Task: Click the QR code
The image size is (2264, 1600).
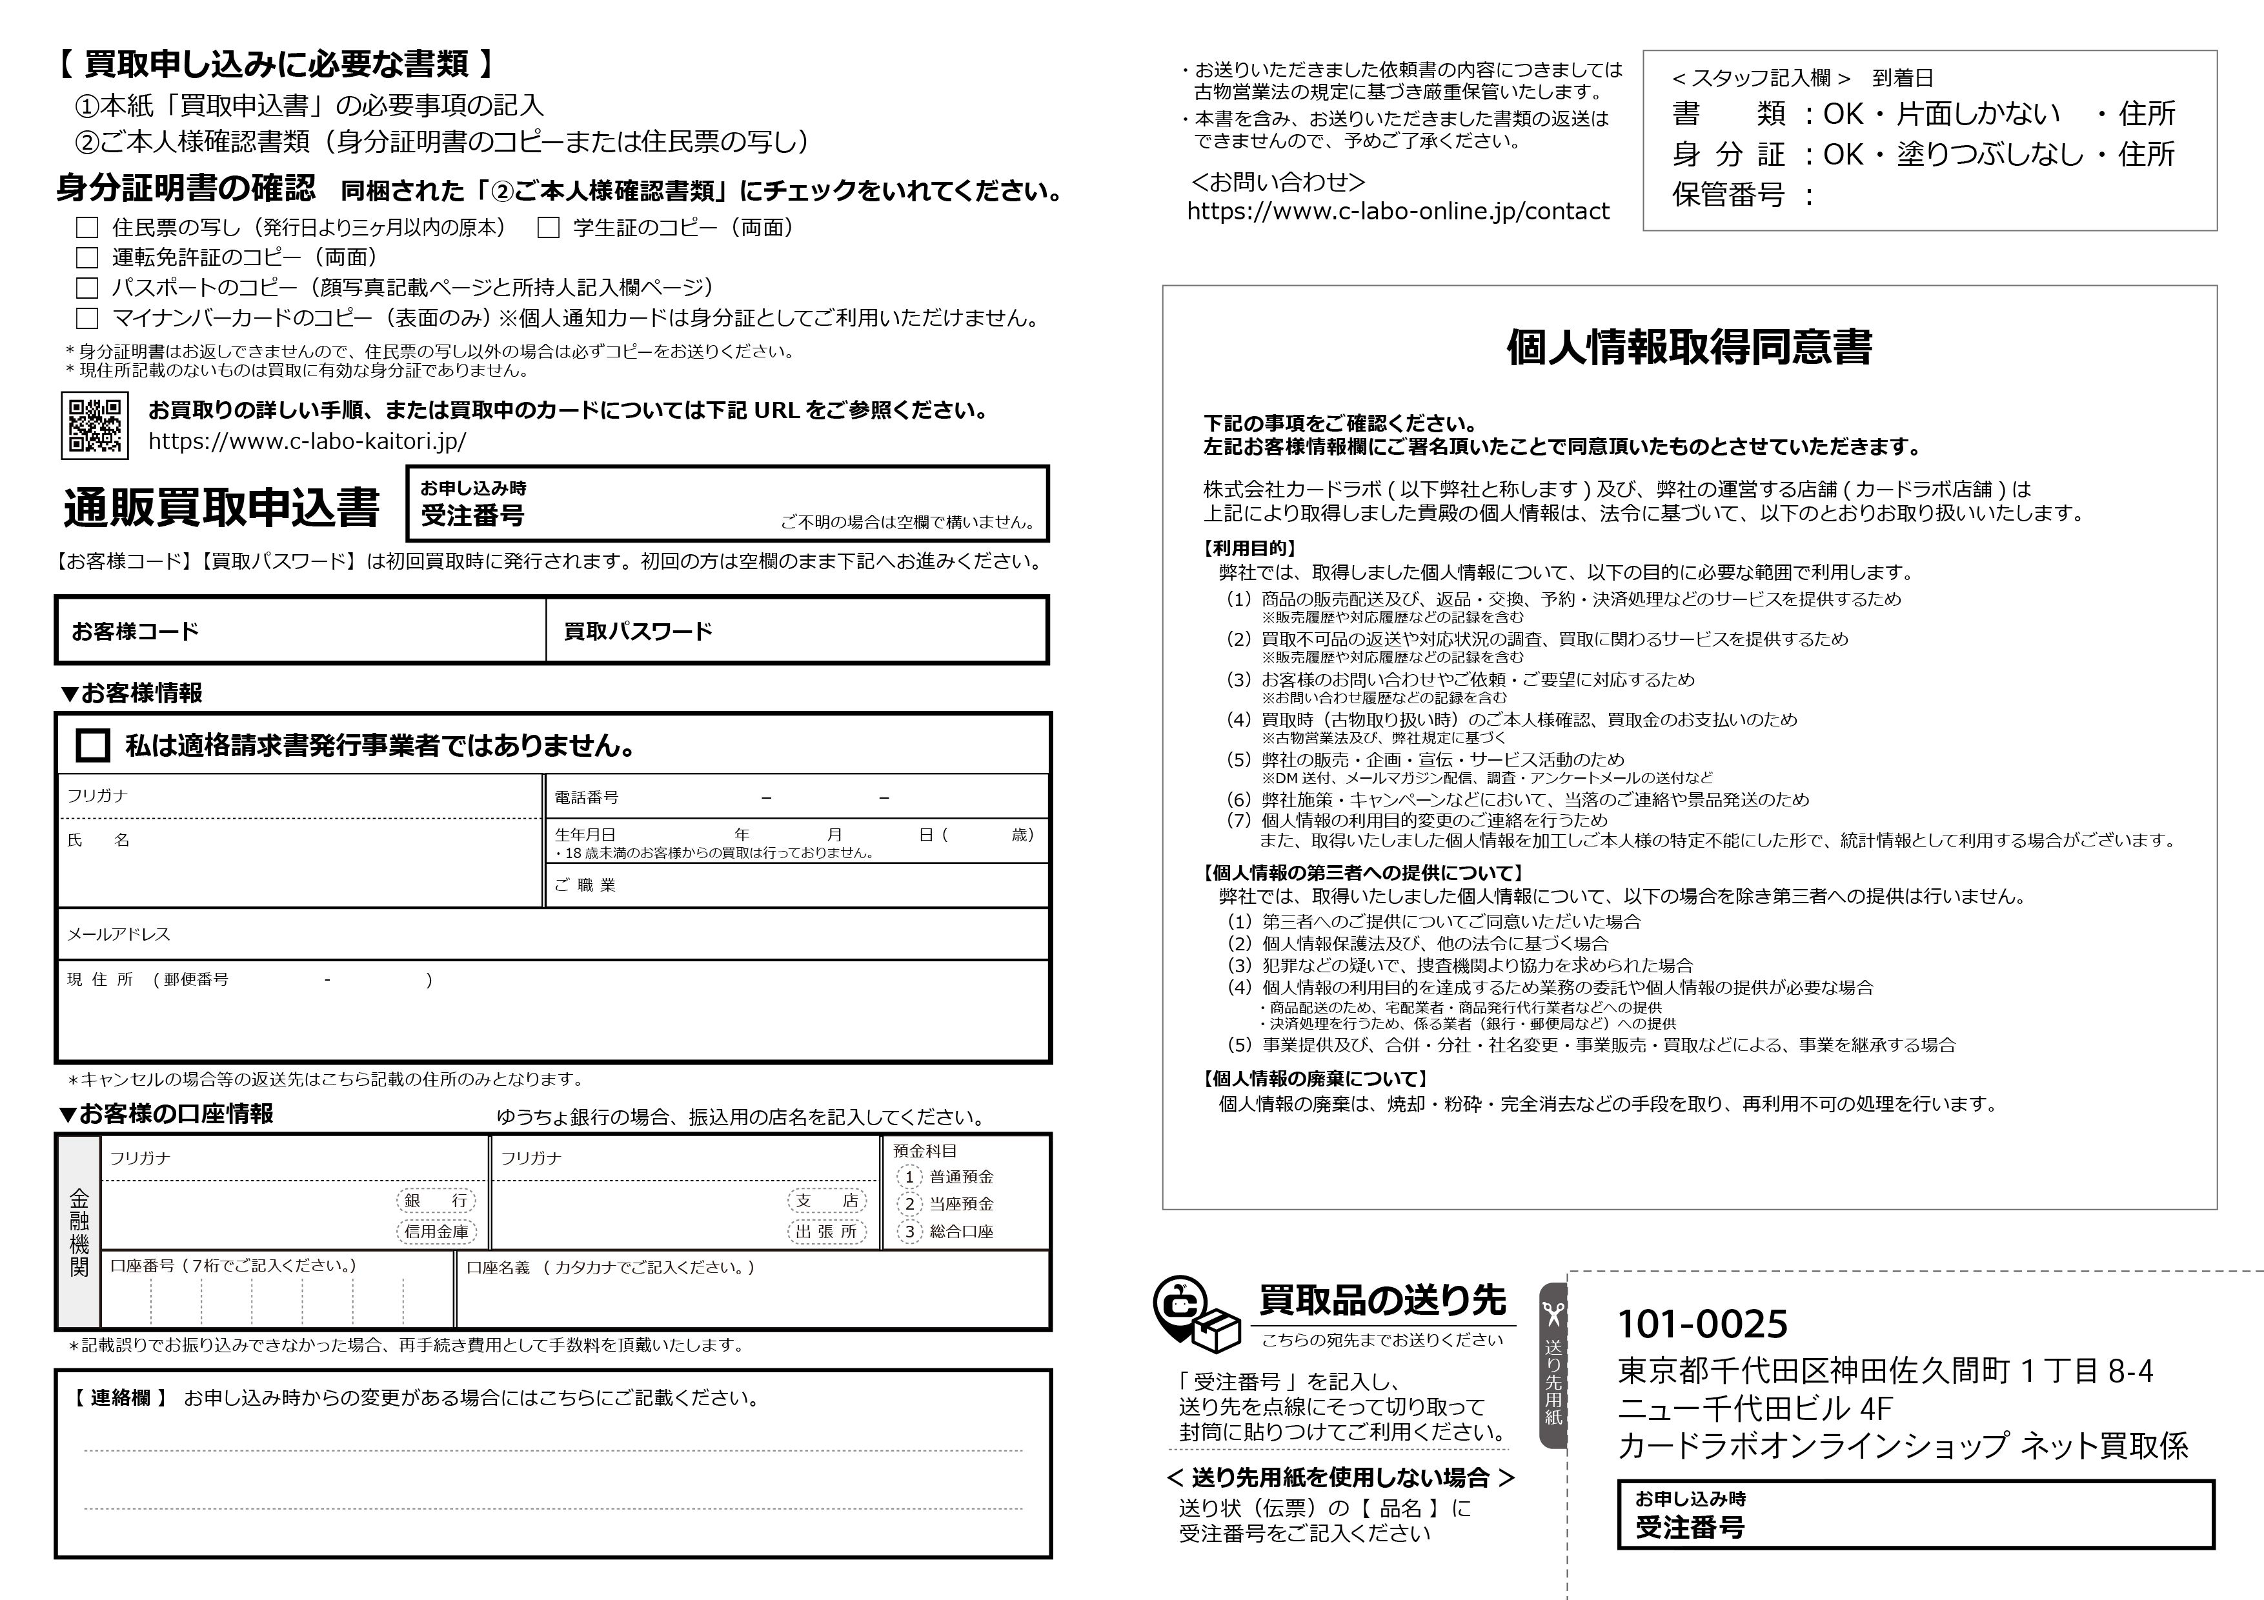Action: (x=95, y=425)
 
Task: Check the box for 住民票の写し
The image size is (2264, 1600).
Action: (x=88, y=228)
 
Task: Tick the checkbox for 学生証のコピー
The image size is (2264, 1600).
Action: (x=548, y=228)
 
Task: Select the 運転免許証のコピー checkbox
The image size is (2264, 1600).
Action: (x=88, y=258)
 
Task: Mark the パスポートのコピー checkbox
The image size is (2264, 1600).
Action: (x=88, y=288)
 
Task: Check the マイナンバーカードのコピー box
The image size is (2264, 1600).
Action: (x=88, y=319)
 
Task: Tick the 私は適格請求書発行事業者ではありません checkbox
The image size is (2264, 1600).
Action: (x=93, y=745)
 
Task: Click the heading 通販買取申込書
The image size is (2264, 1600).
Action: (x=221, y=508)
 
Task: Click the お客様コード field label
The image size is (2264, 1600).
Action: (x=135, y=631)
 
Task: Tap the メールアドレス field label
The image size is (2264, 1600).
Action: (x=118, y=934)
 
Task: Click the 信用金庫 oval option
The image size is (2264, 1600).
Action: (x=436, y=1232)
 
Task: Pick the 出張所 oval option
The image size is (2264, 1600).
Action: (x=826, y=1232)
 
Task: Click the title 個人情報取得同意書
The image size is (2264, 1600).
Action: (x=1688, y=347)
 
